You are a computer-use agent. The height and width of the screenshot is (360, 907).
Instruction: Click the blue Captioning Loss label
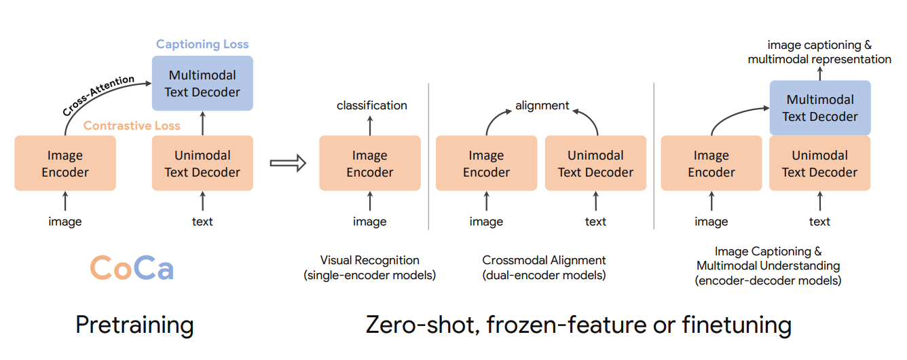[x=202, y=45]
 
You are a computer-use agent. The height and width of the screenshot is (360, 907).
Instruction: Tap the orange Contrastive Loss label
[x=132, y=126]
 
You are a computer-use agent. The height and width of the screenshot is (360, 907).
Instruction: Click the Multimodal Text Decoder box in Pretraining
[x=202, y=84]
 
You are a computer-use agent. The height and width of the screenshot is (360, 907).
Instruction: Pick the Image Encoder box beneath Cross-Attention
[x=65, y=164]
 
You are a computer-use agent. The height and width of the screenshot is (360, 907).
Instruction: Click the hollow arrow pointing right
[x=288, y=163]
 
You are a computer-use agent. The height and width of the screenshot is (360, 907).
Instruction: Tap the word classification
[x=371, y=105]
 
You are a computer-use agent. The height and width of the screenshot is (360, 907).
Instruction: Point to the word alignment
[x=542, y=105]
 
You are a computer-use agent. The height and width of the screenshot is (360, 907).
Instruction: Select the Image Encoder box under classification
[x=370, y=164]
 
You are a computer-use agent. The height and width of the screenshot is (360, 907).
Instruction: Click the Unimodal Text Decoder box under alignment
[x=595, y=164]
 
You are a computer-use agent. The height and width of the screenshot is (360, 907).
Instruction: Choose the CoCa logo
[x=132, y=268]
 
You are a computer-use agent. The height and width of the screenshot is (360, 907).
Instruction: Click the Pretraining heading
[x=134, y=325]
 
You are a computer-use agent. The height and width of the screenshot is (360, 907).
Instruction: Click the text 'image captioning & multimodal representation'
[x=819, y=52]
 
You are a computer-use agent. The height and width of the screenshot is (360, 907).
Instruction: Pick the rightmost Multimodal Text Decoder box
[x=819, y=108]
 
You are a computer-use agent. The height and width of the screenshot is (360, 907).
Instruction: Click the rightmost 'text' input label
[x=819, y=221]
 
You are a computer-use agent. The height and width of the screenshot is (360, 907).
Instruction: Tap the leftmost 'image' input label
[x=65, y=221]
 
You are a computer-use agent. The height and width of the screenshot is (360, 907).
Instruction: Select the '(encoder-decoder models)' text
[x=768, y=281]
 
